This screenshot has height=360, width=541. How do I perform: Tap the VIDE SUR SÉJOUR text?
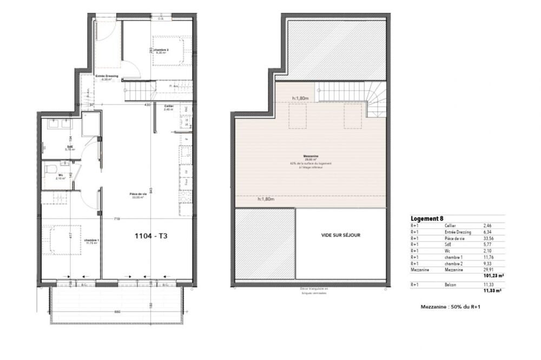(x=340, y=235)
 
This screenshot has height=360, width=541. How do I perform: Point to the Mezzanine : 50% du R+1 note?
(x=451, y=306)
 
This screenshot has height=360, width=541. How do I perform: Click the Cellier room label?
(x=168, y=106)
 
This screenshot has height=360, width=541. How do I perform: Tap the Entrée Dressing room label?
(x=107, y=76)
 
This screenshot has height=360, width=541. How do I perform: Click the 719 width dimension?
(x=116, y=218)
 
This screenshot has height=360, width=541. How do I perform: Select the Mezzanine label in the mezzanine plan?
(x=310, y=156)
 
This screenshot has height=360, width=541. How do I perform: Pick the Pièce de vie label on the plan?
(x=138, y=194)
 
